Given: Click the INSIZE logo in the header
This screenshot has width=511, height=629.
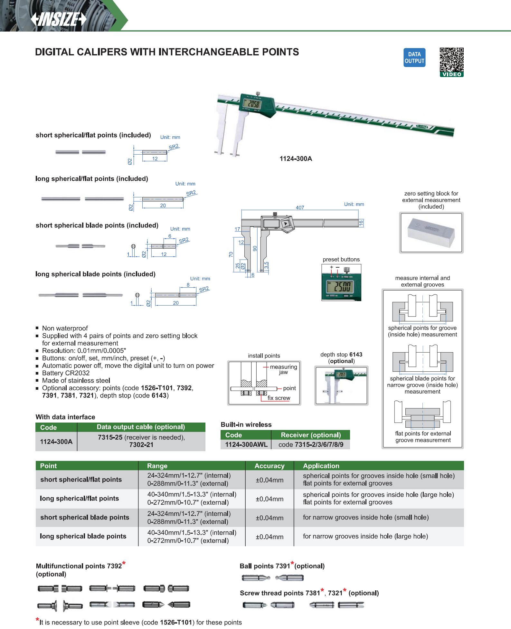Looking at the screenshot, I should coord(59,20).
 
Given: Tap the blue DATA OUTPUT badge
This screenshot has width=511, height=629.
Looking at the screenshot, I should coord(414,58).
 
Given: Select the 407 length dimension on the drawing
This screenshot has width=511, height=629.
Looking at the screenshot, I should coord(300,208).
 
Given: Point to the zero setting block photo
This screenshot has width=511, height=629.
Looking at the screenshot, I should coord(431,233).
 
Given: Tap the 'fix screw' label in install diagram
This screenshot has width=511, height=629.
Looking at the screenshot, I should coord(279,398).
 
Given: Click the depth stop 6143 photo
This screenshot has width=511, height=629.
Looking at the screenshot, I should coord(341,385).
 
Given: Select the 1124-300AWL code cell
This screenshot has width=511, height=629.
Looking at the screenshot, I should coord(246,445).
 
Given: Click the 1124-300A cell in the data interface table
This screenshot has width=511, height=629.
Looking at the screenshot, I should coord(56,441).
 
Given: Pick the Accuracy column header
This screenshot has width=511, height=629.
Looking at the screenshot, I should coord(269,466).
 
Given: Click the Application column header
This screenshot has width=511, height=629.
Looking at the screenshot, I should coord(321,466).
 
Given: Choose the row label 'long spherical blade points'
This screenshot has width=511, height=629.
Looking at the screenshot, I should coord(83,536).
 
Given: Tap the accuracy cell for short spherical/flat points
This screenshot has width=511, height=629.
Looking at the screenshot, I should coord(269,480).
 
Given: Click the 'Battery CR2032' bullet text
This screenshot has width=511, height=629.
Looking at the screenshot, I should coord(66,373).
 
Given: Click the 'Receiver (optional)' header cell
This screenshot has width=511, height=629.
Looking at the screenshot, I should coord(310,435).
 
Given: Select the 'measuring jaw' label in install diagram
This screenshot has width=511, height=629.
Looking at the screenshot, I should coord(283,369).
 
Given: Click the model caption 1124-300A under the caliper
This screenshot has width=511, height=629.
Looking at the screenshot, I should coord(296,159).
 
